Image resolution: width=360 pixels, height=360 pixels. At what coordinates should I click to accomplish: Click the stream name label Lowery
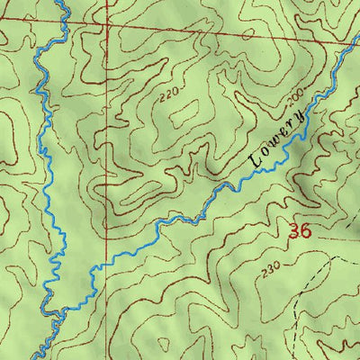(x=280, y=134)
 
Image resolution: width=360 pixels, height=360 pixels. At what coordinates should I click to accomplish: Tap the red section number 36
(x=300, y=231)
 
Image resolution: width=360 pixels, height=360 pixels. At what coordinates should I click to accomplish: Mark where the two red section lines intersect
(x=106, y=27)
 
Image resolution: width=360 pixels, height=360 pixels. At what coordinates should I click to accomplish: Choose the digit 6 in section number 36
(x=306, y=231)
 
